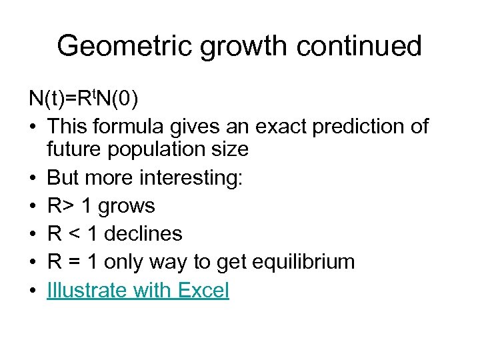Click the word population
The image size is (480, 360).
tap(155, 149)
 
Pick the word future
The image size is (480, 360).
tap(69, 149)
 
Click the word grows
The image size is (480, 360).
tap(127, 205)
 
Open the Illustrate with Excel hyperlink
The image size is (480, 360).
tap(138, 290)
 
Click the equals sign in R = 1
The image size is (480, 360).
tap(73, 262)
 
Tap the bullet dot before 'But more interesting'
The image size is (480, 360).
tap(33, 177)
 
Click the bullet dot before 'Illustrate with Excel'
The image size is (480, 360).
tap(33, 291)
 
